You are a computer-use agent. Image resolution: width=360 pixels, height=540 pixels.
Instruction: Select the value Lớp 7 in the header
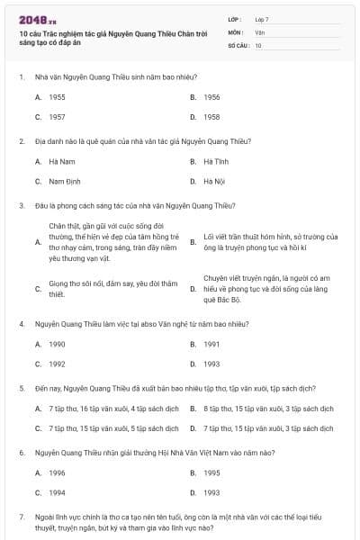(x=262, y=18)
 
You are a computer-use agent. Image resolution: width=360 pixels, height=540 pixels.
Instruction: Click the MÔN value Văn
(x=259, y=31)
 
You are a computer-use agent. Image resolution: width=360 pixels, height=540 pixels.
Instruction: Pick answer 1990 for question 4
(x=57, y=344)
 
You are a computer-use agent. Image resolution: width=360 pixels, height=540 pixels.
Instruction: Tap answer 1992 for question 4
(x=57, y=364)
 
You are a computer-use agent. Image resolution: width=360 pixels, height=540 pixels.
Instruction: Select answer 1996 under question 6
(x=57, y=472)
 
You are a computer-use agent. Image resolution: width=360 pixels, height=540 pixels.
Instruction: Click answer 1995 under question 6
(x=211, y=472)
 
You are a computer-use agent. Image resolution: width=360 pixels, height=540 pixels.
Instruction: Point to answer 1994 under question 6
(x=57, y=492)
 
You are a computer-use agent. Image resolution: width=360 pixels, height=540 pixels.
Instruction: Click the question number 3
(x=21, y=205)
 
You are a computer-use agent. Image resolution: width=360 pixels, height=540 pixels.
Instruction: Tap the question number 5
(x=21, y=388)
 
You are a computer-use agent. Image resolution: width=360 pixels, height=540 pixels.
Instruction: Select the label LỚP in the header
(x=234, y=18)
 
